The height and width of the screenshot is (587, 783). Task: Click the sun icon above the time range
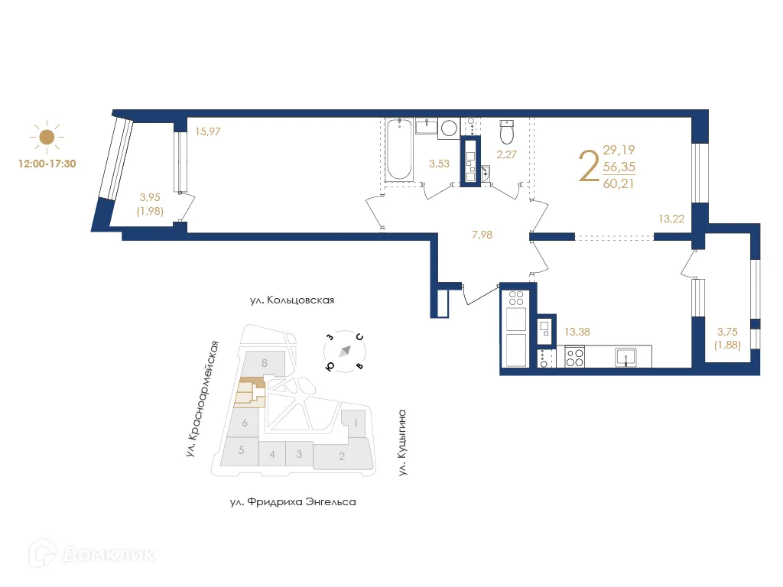pyautogui.click(x=47, y=138)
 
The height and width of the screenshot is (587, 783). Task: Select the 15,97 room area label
pyautogui.click(x=208, y=131)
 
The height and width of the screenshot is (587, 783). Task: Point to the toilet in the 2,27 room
pyautogui.click(x=506, y=133)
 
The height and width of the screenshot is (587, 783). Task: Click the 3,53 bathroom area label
pyautogui.click(x=439, y=163)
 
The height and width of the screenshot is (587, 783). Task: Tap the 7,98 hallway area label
pyautogui.click(x=482, y=235)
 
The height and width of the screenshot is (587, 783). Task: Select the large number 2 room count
pyautogui.click(x=589, y=167)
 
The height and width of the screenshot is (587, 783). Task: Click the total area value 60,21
pyautogui.click(x=619, y=183)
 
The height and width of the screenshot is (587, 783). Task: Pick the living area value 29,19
pyautogui.click(x=619, y=151)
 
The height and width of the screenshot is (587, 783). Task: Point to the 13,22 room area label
pyautogui.click(x=671, y=218)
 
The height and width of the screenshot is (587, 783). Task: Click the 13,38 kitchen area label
pyautogui.click(x=577, y=332)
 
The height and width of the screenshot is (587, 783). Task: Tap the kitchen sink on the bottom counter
pyautogui.click(x=627, y=356)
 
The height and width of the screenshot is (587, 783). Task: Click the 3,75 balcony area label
pyautogui.click(x=726, y=332)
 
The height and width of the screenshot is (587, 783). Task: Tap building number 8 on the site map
pyautogui.click(x=264, y=363)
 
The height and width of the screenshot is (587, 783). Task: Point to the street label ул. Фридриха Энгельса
pyautogui.click(x=293, y=502)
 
